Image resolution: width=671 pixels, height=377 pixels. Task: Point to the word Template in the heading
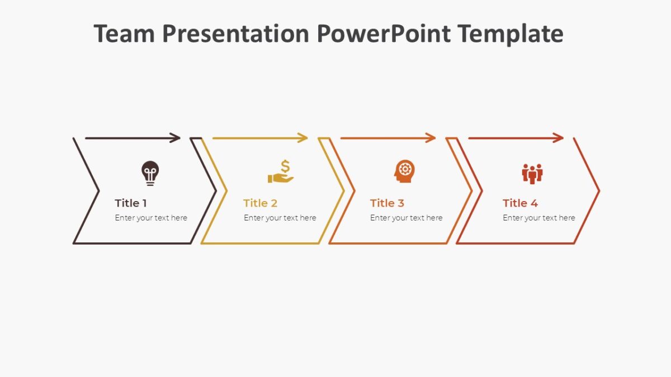[x=511, y=34]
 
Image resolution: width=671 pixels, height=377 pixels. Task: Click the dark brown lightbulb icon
[x=150, y=173]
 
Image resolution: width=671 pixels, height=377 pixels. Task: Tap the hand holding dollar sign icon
[x=281, y=173]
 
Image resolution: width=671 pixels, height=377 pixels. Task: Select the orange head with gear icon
[x=404, y=171]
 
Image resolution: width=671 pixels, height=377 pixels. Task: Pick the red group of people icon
[x=532, y=173]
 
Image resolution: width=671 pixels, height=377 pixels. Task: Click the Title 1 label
[x=131, y=203]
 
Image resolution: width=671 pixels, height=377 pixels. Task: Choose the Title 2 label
[x=260, y=203]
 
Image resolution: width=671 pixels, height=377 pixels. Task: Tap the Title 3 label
[x=387, y=203]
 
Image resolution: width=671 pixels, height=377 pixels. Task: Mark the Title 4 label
[x=520, y=203]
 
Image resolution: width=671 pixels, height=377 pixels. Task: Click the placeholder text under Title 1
[x=151, y=218]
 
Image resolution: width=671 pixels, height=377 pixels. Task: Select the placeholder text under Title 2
[x=280, y=218]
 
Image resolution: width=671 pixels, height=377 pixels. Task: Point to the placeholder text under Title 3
[x=406, y=218]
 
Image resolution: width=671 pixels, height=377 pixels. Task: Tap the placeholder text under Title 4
[x=538, y=218]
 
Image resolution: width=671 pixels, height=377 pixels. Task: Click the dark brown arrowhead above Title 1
[x=176, y=138]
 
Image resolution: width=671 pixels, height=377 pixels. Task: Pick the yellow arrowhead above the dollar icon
[x=303, y=138]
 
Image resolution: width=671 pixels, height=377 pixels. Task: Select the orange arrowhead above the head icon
[x=431, y=138]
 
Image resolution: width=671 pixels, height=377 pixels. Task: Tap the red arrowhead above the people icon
[x=559, y=138]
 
